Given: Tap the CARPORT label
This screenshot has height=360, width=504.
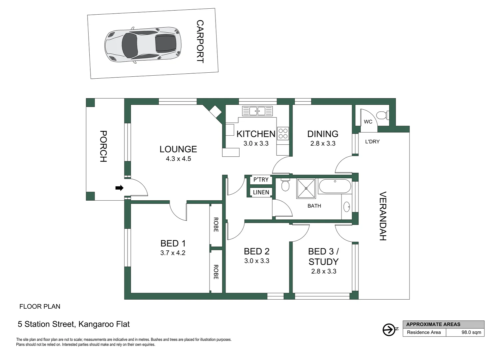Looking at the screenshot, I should tap(200, 41).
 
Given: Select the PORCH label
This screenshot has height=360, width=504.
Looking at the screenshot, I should tap(103, 146).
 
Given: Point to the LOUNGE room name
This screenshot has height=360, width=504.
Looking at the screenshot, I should tap(178, 149).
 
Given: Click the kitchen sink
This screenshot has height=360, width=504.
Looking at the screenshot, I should tap(257, 111).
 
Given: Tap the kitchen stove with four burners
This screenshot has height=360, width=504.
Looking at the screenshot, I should tap(283, 134).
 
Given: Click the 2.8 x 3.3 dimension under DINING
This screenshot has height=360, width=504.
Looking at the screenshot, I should tap(323, 144).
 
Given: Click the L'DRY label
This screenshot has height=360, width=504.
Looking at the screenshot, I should tap(372, 141).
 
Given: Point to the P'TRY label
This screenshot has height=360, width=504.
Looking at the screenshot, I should tap(261, 180).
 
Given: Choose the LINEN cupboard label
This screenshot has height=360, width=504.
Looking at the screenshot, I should tap(261, 192).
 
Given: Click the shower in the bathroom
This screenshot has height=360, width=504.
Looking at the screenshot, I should tap(306, 189).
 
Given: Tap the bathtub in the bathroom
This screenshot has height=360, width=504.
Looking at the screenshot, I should tap(334, 186).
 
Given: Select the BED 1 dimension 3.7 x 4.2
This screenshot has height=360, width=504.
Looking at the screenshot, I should tap(173, 253).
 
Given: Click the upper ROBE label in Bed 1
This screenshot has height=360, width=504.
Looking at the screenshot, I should tap(216, 225).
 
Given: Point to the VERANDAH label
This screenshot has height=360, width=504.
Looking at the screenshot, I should tap(383, 216).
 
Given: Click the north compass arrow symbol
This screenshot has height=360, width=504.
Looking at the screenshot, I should tap(388, 330).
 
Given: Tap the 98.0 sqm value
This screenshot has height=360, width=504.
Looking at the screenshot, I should tap(471, 332).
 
